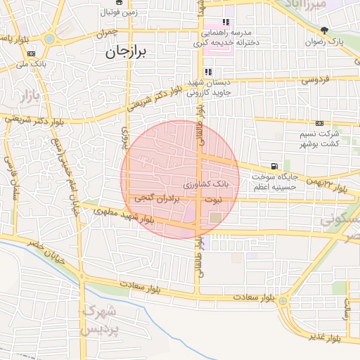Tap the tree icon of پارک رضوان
323,30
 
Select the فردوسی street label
315,81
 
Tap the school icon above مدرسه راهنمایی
226,22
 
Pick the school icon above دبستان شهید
208,72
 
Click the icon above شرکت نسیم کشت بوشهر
320,122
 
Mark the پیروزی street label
126,141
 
